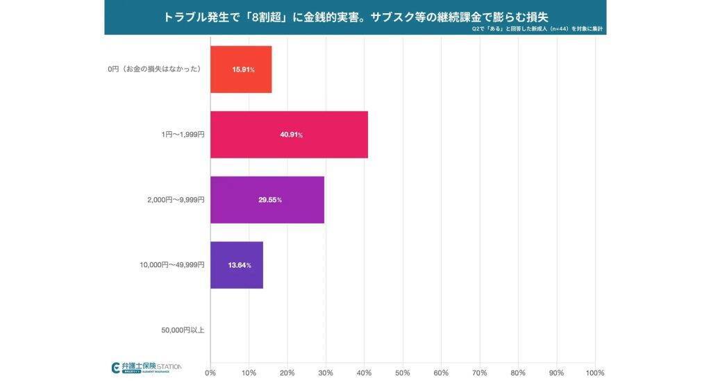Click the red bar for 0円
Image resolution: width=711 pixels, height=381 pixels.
[241, 69]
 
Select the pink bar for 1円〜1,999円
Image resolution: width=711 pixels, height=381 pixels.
[289, 135]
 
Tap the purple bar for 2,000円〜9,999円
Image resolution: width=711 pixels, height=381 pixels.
[267, 200]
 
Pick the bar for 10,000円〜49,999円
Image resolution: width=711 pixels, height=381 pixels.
[236, 265]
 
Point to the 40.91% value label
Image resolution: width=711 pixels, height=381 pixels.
[291, 135]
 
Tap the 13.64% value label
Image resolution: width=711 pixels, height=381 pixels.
[239, 265]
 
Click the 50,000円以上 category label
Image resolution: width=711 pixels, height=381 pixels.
[183, 330]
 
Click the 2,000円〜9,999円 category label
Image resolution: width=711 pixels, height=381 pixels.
[176, 200]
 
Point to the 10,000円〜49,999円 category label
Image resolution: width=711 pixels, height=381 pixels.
[172, 265]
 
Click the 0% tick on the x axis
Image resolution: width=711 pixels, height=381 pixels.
[210, 373]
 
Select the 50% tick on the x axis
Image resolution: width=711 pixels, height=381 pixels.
[403, 373]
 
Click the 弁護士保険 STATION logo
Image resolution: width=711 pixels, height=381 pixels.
[147, 367]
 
